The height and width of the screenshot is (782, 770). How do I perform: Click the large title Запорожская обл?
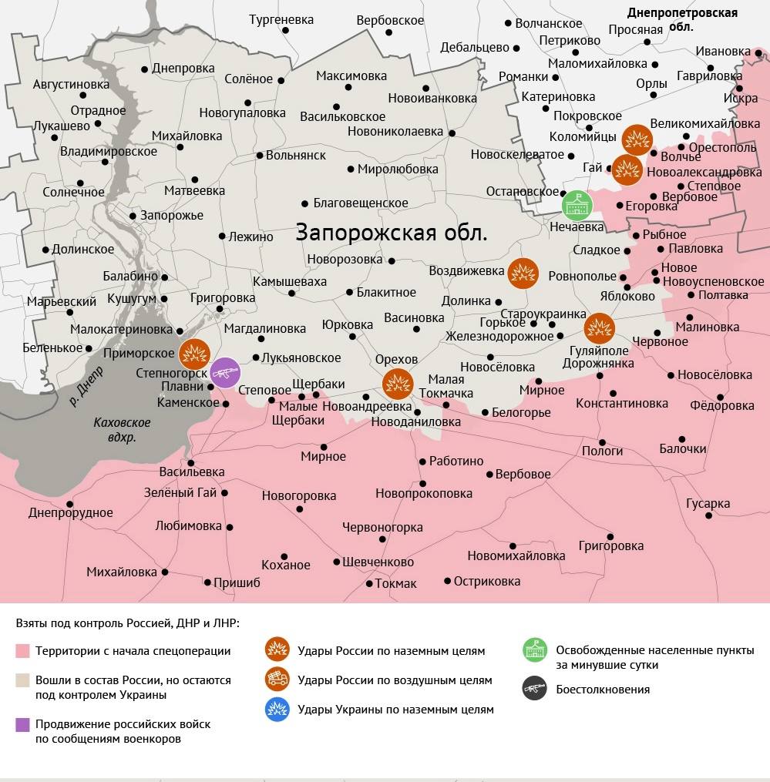[x=392, y=233]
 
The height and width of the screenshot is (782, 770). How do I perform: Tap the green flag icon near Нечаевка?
[x=577, y=203]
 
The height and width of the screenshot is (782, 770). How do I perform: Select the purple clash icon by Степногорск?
[x=225, y=373]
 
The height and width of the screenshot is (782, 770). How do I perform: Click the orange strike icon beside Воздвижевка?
[x=523, y=273]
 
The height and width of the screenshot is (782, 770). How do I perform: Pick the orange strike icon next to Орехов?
[x=398, y=383]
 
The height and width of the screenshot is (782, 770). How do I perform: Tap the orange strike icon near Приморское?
[x=194, y=354]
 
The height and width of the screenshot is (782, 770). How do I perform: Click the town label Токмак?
[x=395, y=583]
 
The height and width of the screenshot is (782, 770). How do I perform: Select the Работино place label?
[x=456, y=461]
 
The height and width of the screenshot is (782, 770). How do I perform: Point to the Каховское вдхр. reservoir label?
[x=122, y=430]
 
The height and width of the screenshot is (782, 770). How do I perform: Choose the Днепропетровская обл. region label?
[x=681, y=19]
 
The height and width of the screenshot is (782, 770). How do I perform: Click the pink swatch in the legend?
[x=22, y=651]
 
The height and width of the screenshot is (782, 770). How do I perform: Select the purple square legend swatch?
[x=22, y=724]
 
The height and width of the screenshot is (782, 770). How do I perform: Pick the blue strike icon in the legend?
[x=277, y=709]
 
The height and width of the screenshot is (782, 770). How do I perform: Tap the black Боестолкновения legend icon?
[x=533, y=689]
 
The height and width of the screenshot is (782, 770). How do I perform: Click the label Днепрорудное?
[x=71, y=512]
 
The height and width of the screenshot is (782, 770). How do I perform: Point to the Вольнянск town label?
[x=295, y=155]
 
